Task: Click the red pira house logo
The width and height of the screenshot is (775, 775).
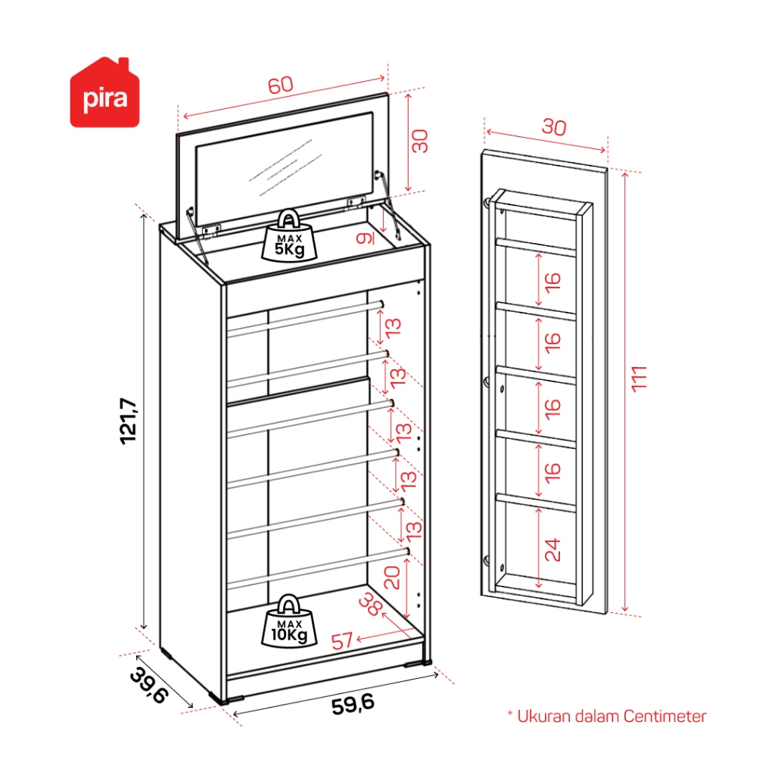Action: pyautogui.click(x=99, y=94)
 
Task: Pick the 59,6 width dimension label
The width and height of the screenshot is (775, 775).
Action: pyautogui.click(x=353, y=704)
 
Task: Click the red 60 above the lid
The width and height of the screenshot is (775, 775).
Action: pyautogui.click(x=280, y=86)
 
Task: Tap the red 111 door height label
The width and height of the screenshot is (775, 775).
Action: pyautogui.click(x=640, y=379)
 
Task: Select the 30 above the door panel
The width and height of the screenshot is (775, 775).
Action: pyautogui.click(x=552, y=128)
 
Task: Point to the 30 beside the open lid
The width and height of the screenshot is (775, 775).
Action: pyautogui.click(x=420, y=141)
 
